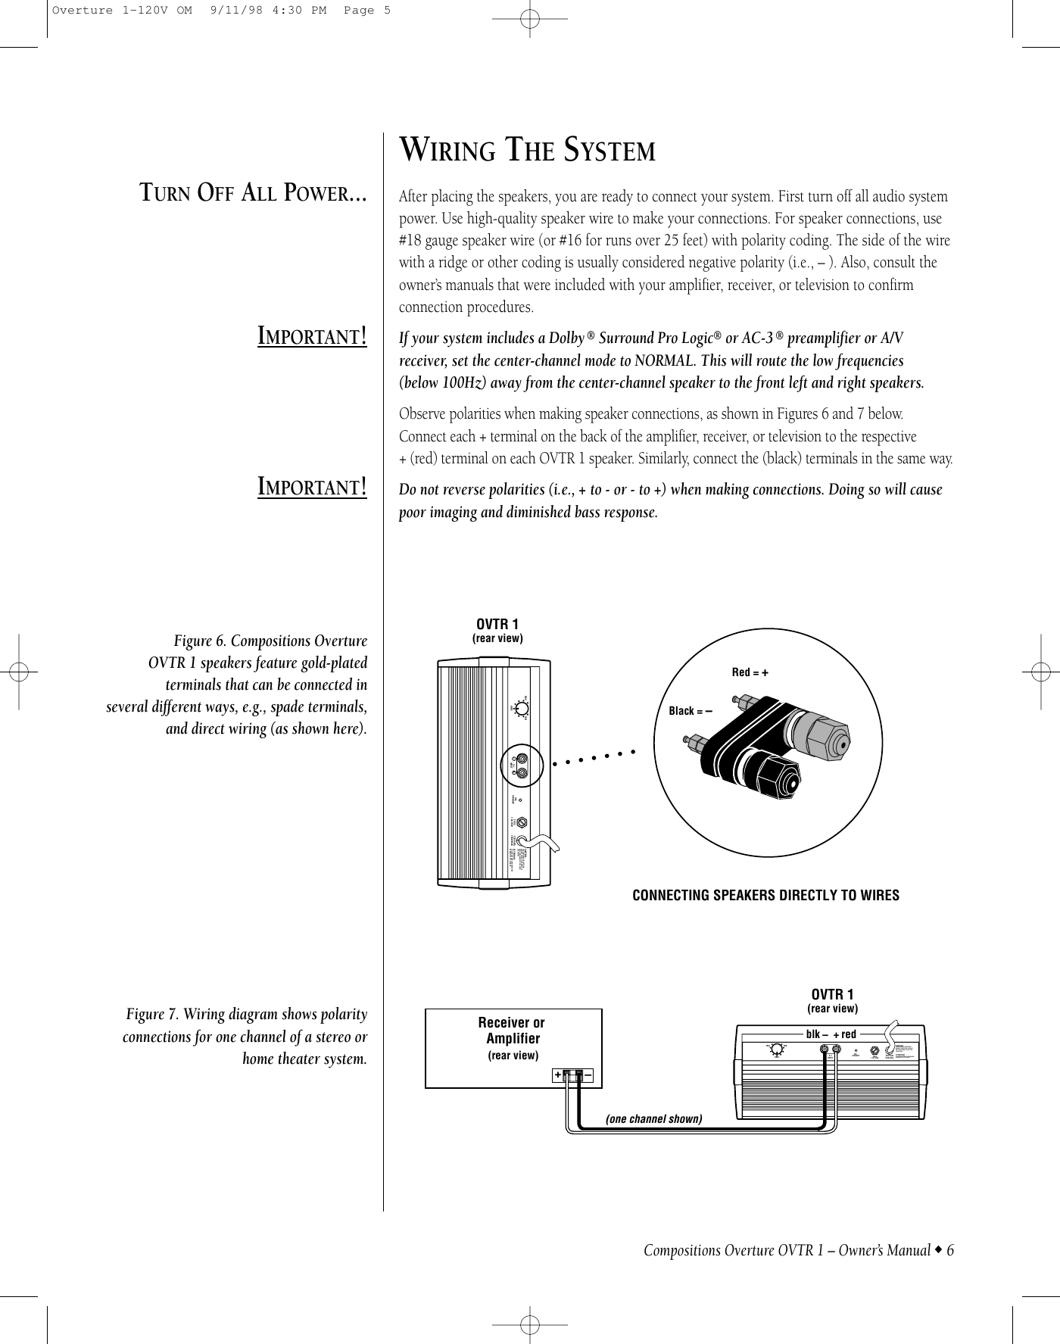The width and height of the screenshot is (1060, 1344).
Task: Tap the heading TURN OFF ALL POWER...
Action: (x=254, y=195)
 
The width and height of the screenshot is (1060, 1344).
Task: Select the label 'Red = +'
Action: (x=750, y=672)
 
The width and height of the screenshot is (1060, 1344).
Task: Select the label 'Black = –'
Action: (x=691, y=710)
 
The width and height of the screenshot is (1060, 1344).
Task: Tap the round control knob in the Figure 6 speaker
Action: (x=521, y=709)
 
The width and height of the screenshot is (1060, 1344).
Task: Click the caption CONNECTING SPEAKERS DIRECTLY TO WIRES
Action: (x=765, y=896)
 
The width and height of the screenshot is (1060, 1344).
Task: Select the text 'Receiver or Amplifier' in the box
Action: (x=512, y=1031)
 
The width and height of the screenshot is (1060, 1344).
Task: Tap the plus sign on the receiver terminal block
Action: (x=557, y=1075)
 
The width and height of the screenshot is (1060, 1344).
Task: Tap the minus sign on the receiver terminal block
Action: (x=588, y=1075)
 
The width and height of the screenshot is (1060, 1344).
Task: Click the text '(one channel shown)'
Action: (x=654, y=1118)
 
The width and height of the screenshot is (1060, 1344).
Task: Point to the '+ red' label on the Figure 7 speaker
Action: (x=844, y=1034)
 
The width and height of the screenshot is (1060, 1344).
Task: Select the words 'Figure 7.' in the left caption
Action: (x=151, y=1014)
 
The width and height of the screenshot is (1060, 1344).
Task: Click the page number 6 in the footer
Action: (x=949, y=1250)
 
